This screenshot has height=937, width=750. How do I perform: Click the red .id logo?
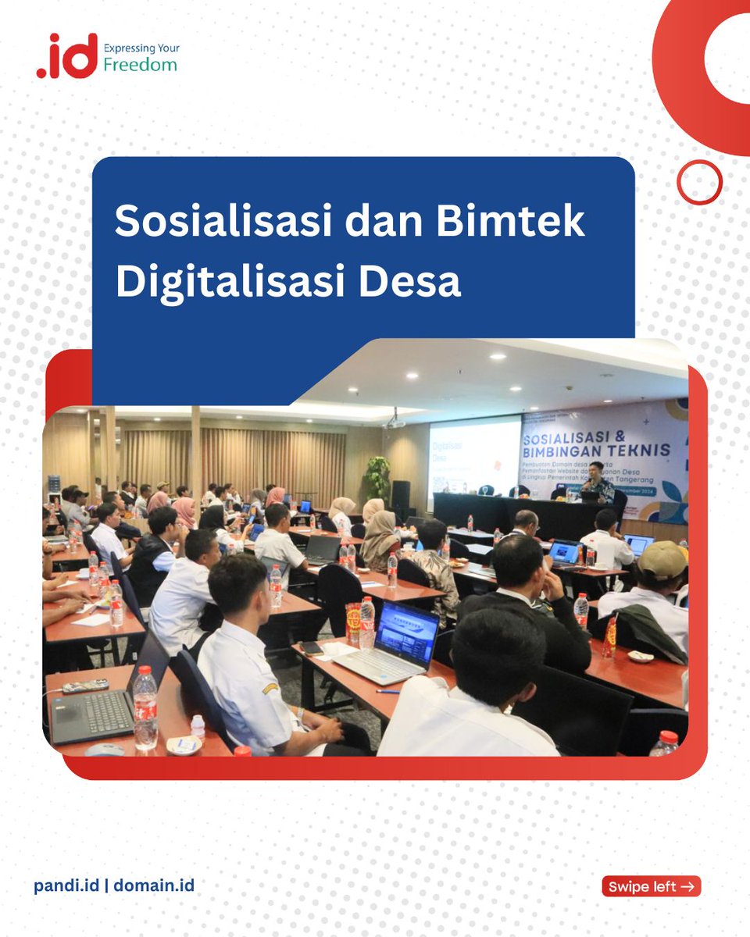click(x=67, y=56)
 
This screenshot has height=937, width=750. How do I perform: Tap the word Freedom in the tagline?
click(x=140, y=65)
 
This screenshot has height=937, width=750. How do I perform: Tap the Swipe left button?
click(x=652, y=886)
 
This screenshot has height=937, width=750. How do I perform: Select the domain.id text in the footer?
click(x=155, y=885)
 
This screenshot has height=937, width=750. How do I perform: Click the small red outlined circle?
click(x=699, y=182)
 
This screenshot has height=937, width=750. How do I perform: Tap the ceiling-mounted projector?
click(x=395, y=422)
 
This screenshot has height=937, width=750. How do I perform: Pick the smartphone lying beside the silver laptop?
click(x=312, y=647)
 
